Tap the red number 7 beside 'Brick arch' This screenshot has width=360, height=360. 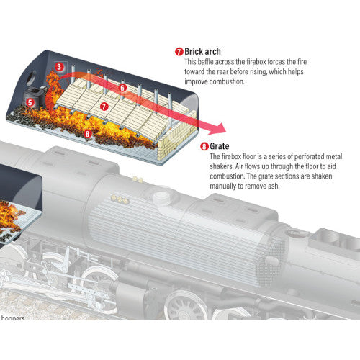[x=179, y=53]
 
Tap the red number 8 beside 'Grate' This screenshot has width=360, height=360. [x=204, y=146]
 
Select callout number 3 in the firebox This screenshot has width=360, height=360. [x=58, y=66]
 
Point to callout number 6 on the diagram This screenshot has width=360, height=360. [x=122, y=88]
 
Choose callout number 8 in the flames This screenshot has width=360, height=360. [x=86, y=132]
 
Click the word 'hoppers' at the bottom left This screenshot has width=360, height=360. [x=13, y=318]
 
